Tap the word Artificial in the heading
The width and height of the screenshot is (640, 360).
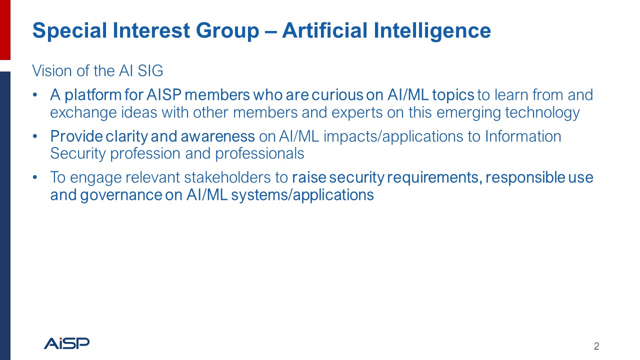tap(323, 31)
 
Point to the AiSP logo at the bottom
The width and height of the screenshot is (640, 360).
tap(66, 343)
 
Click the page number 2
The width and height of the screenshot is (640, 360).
tap(596, 346)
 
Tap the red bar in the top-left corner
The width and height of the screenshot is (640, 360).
tap(5, 30)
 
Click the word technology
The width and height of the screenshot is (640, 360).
tap(542, 112)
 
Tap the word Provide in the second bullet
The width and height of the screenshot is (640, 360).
tap(76, 136)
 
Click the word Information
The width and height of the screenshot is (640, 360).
tap(523, 136)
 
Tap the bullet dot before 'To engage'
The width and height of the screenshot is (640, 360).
tap(34, 177)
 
